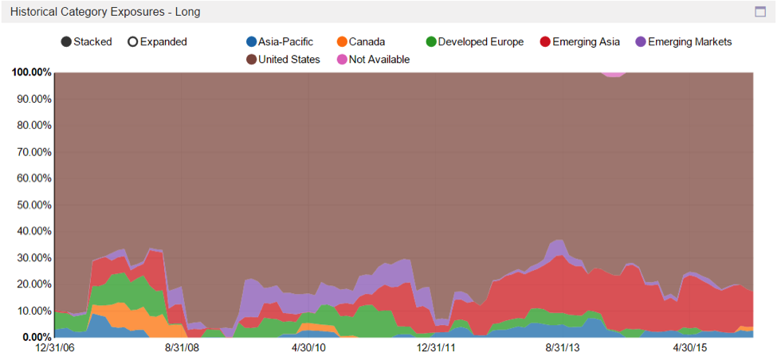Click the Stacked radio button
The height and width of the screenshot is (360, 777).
click(x=67, y=42)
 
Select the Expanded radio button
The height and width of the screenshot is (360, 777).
click(x=133, y=42)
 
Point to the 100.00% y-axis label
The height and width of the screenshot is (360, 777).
click(x=32, y=72)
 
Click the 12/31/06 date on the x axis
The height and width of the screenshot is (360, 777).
click(x=54, y=348)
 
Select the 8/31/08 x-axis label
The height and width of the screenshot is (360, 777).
click(x=182, y=348)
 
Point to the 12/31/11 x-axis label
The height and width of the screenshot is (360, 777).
click(x=438, y=348)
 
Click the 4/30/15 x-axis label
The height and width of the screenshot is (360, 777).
click(x=692, y=348)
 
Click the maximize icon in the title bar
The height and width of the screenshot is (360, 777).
click(x=760, y=12)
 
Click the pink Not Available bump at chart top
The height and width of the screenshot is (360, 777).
click(x=613, y=74)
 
